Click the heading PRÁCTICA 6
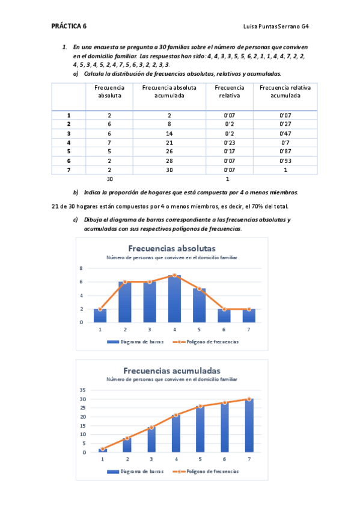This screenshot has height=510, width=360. click(x=69, y=26)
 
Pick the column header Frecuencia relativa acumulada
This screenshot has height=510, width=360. click(x=285, y=91)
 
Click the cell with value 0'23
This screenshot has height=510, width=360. click(x=229, y=143)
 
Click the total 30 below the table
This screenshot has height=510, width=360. click(x=109, y=179)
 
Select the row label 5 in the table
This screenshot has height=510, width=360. click(x=69, y=152)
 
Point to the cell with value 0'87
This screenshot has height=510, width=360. click(x=285, y=152)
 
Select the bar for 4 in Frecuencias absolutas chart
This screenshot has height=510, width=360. click(x=175, y=300)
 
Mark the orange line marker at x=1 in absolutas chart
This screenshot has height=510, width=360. click(x=100, y=309)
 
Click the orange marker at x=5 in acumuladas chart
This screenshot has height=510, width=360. click(x=200, y=406)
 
